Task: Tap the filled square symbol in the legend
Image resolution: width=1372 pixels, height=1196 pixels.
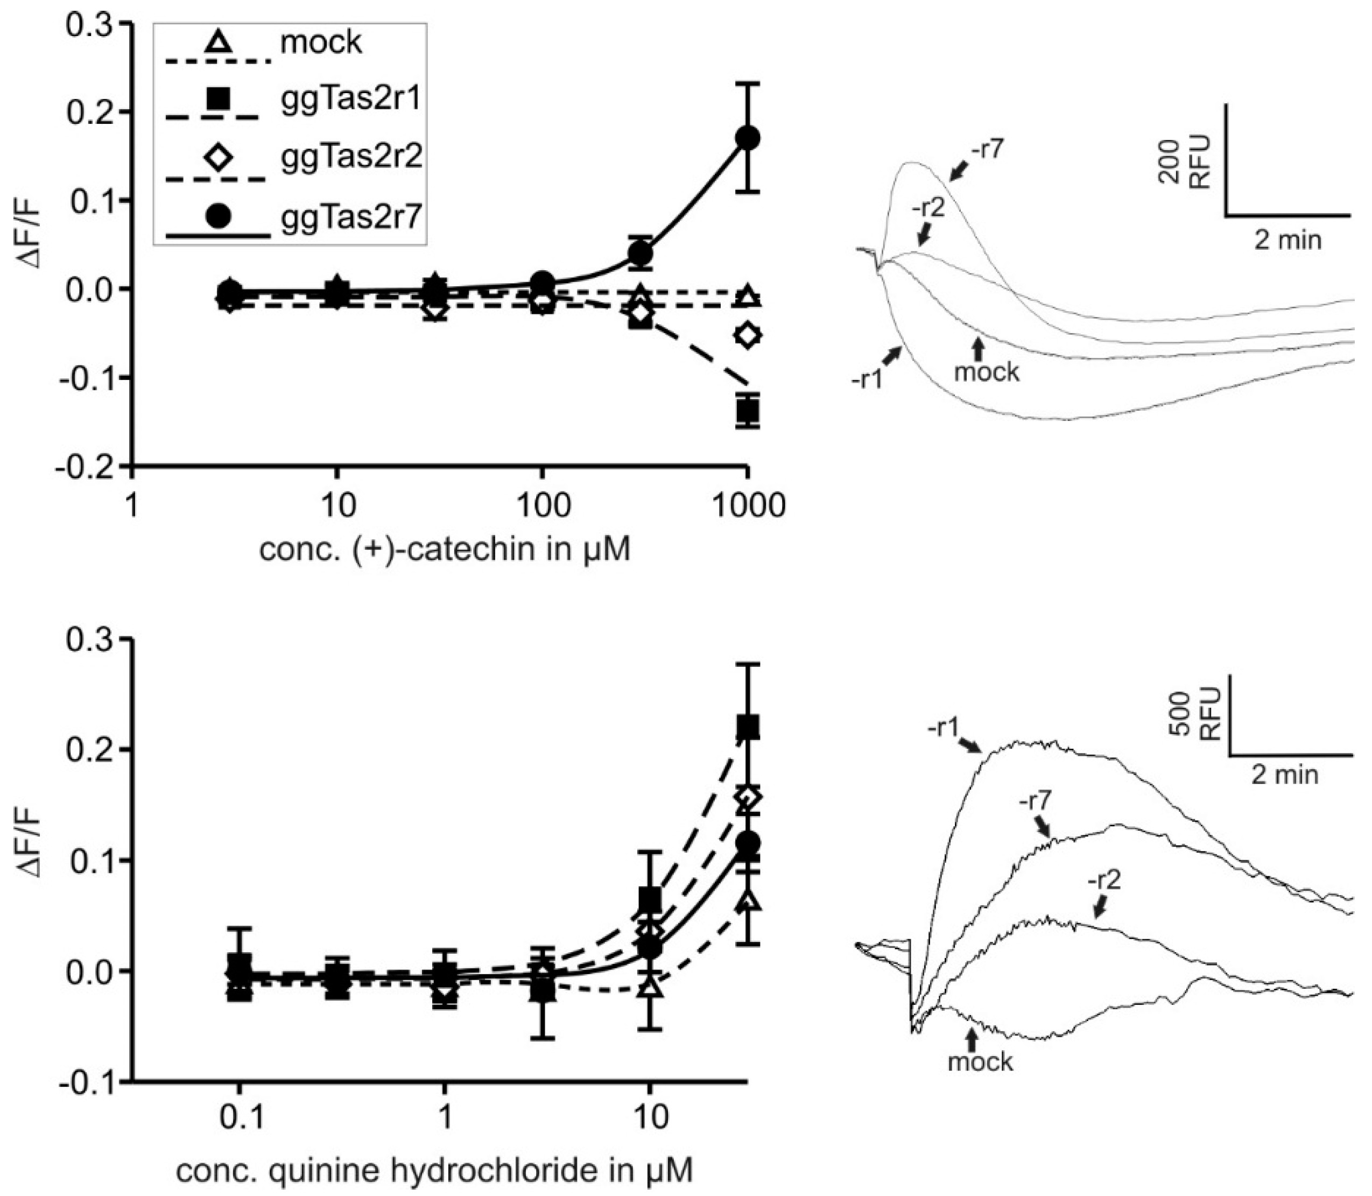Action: coord(218,100)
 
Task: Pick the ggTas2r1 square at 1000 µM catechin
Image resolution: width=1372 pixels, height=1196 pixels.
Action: coord(748,411)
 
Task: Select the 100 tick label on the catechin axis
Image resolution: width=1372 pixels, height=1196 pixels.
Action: coord(543,505)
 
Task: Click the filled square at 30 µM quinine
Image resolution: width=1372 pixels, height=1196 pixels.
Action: coord(748,727)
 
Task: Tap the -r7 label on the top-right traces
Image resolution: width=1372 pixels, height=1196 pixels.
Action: coord(986,150)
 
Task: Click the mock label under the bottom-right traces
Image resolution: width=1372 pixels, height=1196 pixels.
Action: coord(980,1061)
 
